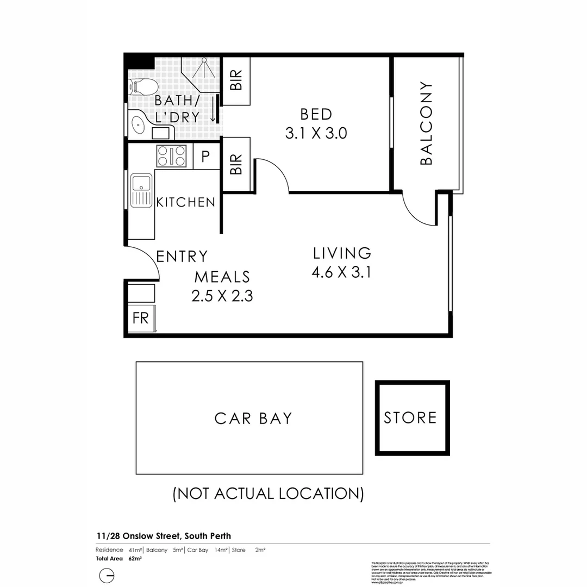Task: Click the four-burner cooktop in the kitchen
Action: click(x=171, y=157)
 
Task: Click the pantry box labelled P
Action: click(x=205, y=157)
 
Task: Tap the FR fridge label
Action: click(x=141, y=317)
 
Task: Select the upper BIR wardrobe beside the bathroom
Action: click(x=236, y=81)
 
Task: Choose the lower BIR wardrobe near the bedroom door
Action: click(x=236, y=164)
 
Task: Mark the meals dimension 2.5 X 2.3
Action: click(x=222, y=296)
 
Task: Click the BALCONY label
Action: click(x=427, y=123)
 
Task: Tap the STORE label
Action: click(x=410, y=417)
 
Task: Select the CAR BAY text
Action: click(x=253, y=419)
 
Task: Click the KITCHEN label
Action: click(x=186, y=202)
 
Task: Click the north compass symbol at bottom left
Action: click(x=107, y=576)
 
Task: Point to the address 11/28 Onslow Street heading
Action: click(x=155, y=536)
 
